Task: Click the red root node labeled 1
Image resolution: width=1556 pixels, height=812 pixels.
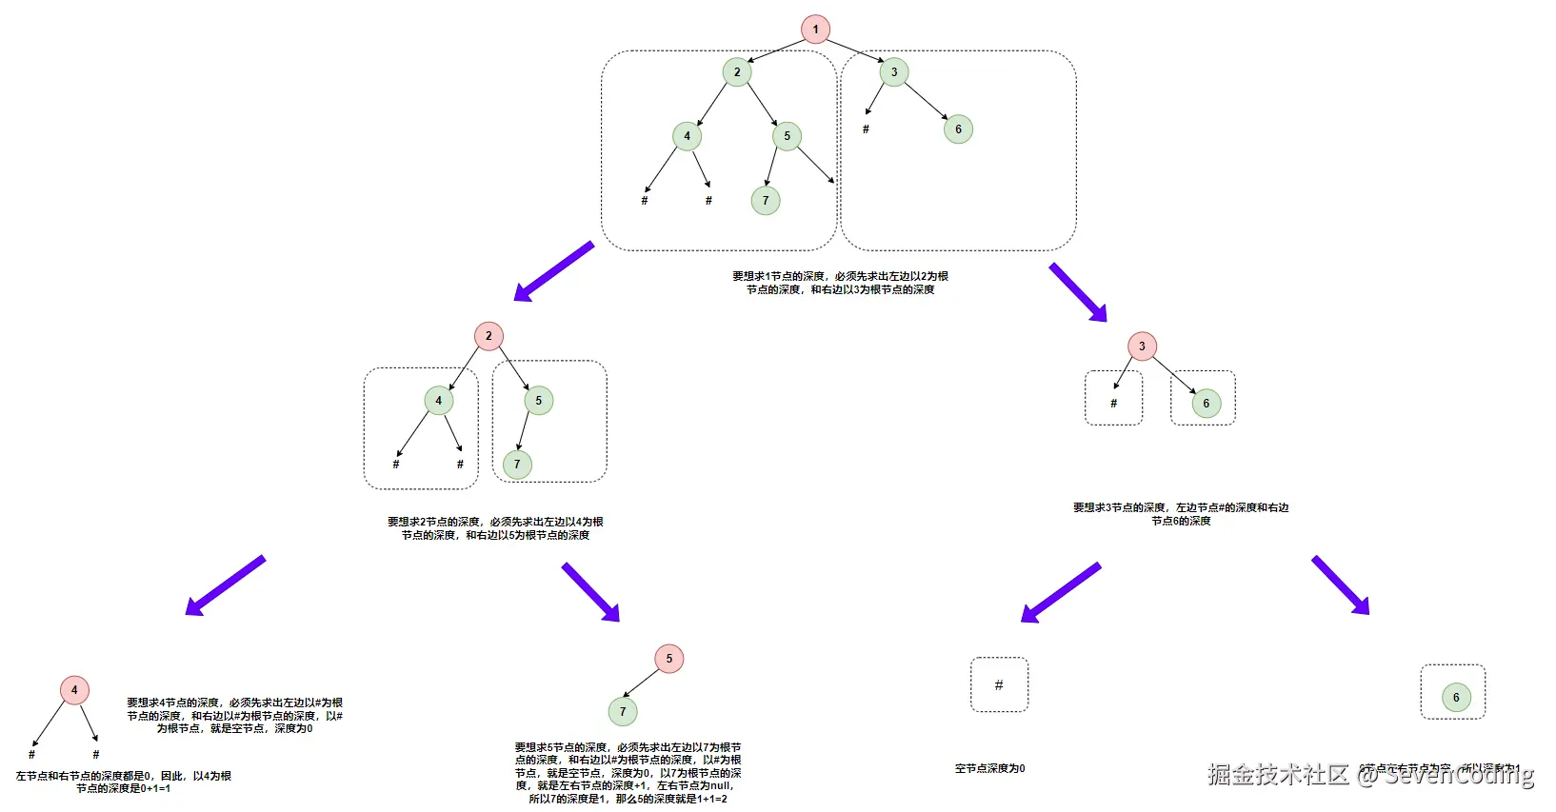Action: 815,30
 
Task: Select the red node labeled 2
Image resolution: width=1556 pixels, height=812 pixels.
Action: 489,336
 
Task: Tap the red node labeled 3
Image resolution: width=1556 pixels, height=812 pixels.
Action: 1142,347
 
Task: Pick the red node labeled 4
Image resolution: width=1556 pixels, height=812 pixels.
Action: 74,690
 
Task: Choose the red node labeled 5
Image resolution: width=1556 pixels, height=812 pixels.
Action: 668,659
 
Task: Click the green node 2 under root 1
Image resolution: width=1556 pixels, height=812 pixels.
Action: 736,72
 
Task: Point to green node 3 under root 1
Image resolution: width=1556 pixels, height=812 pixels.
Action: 893,72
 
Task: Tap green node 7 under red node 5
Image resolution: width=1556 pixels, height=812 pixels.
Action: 623,711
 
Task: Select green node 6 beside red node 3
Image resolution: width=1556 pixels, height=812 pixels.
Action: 1206,404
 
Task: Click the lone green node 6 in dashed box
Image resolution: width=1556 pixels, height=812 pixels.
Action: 1455,698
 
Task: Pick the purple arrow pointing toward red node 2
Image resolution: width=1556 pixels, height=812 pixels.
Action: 553,271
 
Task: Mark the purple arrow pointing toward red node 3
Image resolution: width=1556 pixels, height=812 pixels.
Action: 1078,292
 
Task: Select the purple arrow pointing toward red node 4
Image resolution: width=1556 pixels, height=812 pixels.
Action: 225,585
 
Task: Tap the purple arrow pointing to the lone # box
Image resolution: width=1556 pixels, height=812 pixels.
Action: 1060,592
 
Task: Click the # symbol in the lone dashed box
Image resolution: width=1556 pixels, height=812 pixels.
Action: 998,684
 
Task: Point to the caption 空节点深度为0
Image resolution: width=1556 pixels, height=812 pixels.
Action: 989,768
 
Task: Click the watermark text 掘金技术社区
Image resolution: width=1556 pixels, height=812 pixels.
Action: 1278,774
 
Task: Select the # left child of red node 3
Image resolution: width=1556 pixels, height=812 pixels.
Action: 1113,404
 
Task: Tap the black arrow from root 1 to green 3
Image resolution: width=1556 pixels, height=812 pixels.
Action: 854,50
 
